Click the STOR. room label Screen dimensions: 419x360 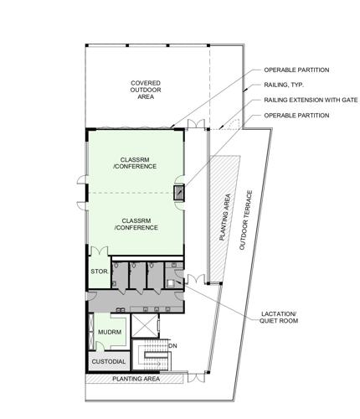click(98, 272)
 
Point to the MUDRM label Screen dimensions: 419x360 click(104, 334)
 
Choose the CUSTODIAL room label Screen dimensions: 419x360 click(109, 362)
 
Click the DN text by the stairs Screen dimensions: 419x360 click(172, 345)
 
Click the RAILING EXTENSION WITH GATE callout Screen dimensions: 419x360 click(310, 100)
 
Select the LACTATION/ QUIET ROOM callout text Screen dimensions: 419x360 click(286, 321)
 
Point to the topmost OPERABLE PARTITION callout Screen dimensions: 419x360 click(296, 70)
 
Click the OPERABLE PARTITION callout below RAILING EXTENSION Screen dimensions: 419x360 click(296, 114)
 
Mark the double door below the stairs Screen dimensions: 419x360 click(155, 375)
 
